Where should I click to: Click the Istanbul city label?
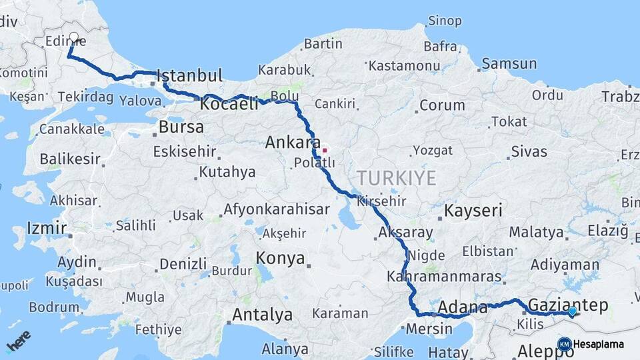tap(190, 75)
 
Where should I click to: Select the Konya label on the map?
tap(281, 258)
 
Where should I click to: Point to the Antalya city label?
tap(262, 314)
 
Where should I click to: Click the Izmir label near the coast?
tap(47, 229)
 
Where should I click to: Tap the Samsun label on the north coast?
tap(509, 64)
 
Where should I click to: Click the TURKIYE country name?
tap(396, 178)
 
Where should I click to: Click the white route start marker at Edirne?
tap(74, 38)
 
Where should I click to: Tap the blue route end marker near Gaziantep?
tap(572, 311)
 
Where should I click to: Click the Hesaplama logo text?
tap(599, 345)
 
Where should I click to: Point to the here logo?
tap(18, 342)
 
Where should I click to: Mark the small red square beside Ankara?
tap(325, 150)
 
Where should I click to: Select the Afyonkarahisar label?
tap(277, 209)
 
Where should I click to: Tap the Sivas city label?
tap(529, 152)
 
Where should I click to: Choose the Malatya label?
tap(536, 232)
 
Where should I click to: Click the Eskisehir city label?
tap(185, 151)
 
